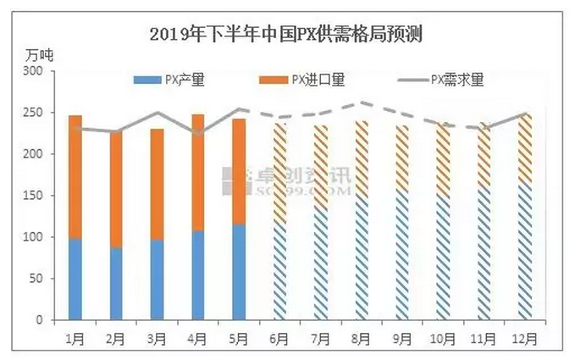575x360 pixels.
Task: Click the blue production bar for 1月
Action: (x=75, y=280)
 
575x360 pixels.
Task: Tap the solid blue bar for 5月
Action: (x=238, y=272)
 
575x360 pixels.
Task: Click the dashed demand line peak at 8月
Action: (x=361, y=102)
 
